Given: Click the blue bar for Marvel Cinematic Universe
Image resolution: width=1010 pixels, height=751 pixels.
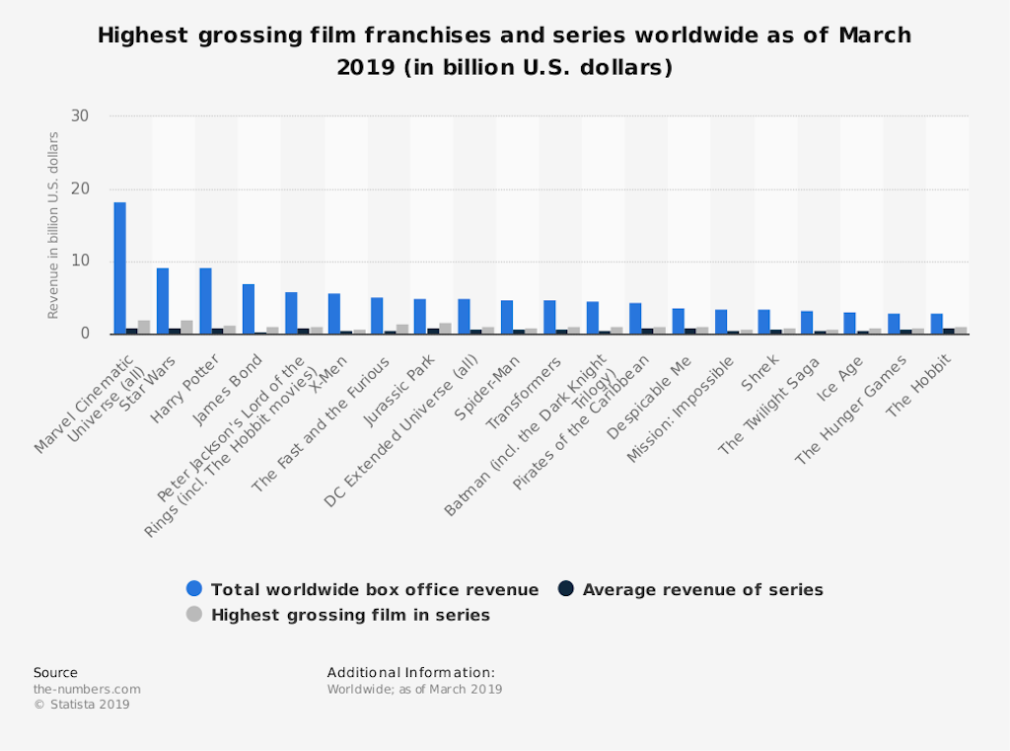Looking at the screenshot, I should [119, 267].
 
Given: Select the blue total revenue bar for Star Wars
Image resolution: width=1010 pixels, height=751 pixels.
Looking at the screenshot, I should [163, 301].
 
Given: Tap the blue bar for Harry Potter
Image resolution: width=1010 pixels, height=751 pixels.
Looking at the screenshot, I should [205, 301].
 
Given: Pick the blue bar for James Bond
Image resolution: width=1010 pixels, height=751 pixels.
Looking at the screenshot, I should [249, 309].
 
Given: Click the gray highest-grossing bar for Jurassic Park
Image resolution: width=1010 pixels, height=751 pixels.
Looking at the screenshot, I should [444, 329].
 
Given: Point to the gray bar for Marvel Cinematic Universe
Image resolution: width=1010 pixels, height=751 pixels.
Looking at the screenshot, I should [144, 328].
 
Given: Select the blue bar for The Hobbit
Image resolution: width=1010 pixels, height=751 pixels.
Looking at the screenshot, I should [936, 325].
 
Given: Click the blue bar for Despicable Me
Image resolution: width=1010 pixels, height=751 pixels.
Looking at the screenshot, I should [679, 322].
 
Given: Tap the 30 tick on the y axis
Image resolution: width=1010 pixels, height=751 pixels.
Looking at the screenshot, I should [80, 116].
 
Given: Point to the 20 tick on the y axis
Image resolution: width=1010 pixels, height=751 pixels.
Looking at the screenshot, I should [80, 189].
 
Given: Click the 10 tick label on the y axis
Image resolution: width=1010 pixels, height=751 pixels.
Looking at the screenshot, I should [80, 262].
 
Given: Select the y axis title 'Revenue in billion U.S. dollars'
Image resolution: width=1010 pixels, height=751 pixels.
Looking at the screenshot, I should [54, 225].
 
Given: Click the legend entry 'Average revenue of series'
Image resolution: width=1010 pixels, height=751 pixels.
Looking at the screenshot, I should [702, 590].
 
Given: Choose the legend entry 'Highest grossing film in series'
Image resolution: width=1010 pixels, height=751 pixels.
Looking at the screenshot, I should [350, 615].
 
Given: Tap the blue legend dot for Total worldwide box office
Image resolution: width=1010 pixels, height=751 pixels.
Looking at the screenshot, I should [194, 589].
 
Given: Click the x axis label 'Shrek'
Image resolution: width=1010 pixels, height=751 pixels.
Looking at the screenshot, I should [760, 370].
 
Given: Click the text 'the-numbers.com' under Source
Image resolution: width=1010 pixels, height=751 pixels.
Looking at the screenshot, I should [87, 689].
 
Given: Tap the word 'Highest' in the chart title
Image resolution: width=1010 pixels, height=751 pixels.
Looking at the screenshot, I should [139, 37].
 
